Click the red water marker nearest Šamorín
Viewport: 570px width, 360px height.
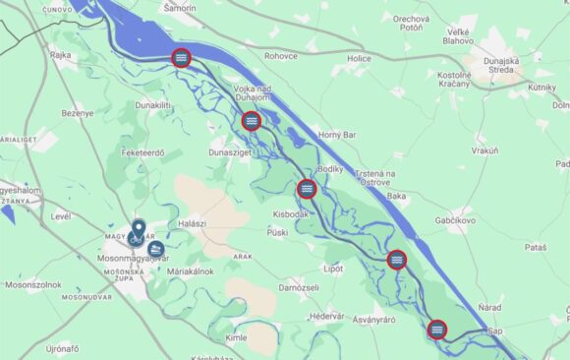click(x=181, y=58)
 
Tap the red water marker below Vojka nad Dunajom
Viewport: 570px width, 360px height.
click(x=252, y=120)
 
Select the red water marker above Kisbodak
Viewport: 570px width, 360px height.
click(x=307, y=188)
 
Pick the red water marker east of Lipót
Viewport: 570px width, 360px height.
click(x=397, y=260)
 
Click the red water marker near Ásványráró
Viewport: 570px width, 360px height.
click(x=437, y=330)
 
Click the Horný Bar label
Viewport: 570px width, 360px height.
click(x=340, y=134)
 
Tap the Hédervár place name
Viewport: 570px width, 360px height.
click(x=326, y=316)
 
